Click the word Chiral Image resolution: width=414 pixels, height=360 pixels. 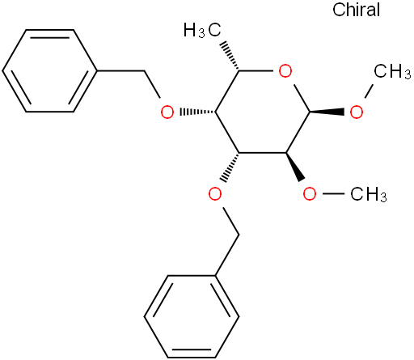[x=356, y=10]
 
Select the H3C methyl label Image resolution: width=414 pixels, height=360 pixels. [x=202, y=30]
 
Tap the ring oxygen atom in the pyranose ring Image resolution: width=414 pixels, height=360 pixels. [x=285, y=71]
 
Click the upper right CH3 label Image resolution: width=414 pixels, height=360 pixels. [x=392, y=72]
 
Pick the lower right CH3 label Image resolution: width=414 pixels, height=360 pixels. [x=369, y=194]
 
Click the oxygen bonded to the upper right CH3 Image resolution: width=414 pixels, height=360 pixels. [x=357, y=112]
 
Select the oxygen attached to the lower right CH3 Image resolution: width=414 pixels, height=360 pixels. [x=310, y=193]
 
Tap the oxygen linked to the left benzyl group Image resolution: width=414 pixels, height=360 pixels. [x=167, y=112]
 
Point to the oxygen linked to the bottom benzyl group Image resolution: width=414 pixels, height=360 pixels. [x=215, y=193]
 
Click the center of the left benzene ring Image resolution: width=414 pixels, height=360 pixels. [x=50, y=71]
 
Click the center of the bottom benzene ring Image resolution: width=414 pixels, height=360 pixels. [x=192, y=316]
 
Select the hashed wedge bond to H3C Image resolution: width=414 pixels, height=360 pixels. [x=230, y=56]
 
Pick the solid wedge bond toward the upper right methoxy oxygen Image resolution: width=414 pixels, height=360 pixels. [x=327, y=112]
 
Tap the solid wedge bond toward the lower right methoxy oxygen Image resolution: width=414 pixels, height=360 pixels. [x=295, y=167]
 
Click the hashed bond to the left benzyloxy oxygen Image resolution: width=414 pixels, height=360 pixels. [x=197, y=112]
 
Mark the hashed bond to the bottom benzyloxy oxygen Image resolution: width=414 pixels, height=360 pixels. [x=230, y=167]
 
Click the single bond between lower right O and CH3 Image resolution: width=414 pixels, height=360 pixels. [x=333, y=193]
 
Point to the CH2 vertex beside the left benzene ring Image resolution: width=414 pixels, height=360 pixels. [x=145, y=71]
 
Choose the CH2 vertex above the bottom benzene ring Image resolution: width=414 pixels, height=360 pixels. [x=239, y=235]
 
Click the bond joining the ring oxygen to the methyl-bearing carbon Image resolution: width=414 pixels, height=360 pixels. [x=256, y=71]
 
